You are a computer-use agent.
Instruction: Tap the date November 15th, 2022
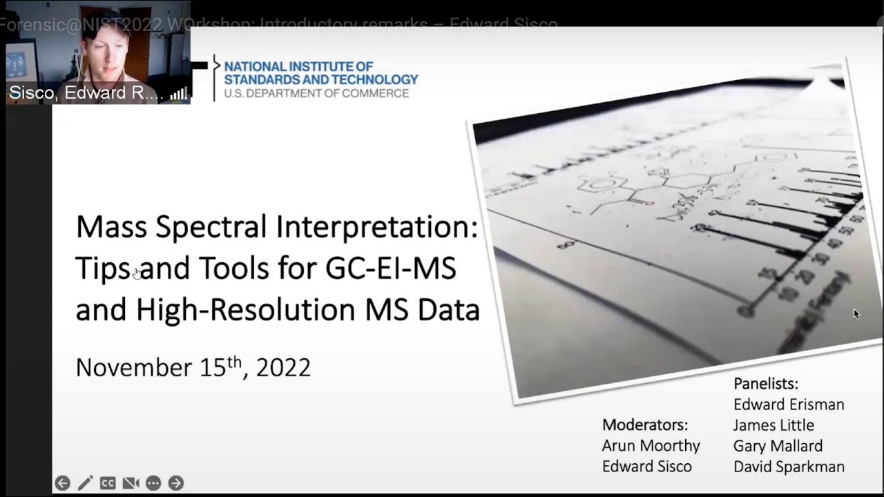(x=193, y=367)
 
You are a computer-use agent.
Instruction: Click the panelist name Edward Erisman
(x=789, y=405)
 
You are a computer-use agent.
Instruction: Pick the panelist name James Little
(x=773, y=425)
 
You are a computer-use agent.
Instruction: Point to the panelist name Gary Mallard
(x=778, y=446)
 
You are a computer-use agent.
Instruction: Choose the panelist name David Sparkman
(x=789, y=467)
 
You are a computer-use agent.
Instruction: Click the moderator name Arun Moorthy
(x=651, y=446)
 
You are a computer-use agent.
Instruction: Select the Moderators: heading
(x=645, y=425)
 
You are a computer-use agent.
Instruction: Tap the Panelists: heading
(x=766, y=384)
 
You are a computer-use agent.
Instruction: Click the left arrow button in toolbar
(x=62, y=483)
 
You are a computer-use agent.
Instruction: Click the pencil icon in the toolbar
(x=85, y=483)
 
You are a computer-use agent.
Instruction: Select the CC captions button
(x=108, y=483)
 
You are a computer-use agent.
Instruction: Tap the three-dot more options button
(x=153, y=483)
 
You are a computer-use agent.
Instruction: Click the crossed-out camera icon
(x=131, y=483)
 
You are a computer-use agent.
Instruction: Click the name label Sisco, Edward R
(x=86, y=93)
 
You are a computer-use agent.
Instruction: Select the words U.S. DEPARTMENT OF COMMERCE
(x=316, y=93)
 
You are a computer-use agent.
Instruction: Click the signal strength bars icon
(x=178, y=94)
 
